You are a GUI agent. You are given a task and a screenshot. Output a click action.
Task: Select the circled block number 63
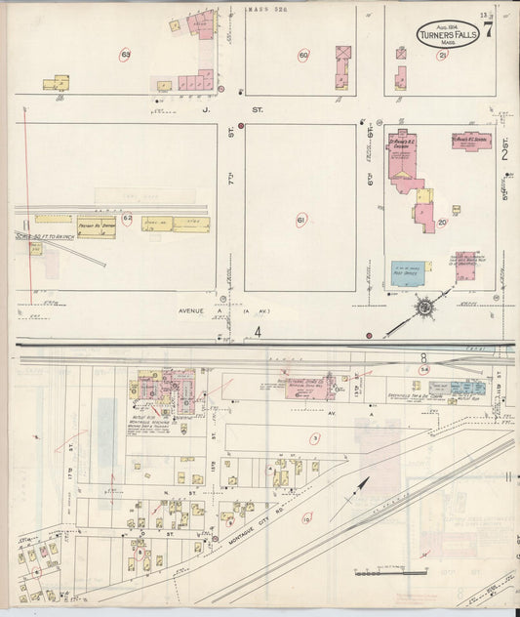click(126, 54)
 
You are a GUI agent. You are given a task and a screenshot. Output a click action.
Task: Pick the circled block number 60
click(303, 55)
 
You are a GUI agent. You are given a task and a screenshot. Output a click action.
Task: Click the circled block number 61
click(301, 220)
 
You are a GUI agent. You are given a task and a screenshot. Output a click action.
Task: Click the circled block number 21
click(442, 56)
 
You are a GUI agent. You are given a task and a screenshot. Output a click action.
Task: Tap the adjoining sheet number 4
click(259, 332)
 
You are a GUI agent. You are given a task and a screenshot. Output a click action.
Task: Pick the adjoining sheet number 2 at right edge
click(505, 152)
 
